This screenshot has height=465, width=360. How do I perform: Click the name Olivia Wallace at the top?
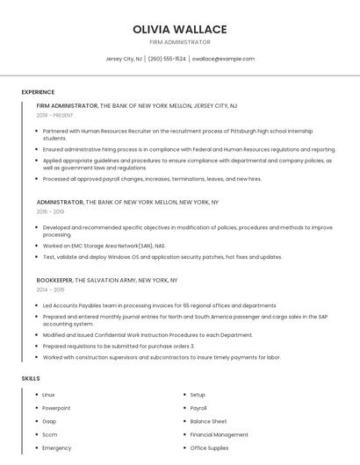click(179, 29)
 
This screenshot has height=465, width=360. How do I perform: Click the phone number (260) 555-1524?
click(167, 59)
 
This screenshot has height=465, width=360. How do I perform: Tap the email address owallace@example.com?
click(223, 59)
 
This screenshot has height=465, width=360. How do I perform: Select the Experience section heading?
click(38, 92)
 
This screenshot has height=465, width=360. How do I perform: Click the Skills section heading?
click(31, 378)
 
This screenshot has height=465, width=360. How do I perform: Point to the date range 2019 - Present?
click(55, 115)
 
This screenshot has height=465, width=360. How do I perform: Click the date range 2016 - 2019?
click(50, 211)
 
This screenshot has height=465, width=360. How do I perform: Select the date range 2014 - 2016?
click(50, 290)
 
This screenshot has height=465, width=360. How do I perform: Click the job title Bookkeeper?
click(54, 280)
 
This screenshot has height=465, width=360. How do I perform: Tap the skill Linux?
click(48, 395)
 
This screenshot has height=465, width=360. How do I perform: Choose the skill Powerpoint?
click(56, 408)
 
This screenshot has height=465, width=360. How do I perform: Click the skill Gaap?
click(49, 421)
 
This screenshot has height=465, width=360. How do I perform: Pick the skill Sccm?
click(49, 434)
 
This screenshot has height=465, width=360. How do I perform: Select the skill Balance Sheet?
click(208, 421)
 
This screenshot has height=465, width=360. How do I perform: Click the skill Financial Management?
click(219, 434)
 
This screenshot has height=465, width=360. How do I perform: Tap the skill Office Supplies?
click(209, 448)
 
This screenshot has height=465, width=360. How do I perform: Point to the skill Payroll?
click(198, 408)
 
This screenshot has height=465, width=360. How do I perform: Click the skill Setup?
click(198, 395)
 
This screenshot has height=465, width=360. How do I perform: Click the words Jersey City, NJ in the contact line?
click(124, 59)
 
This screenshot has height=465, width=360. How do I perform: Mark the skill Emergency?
click(56, 448)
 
